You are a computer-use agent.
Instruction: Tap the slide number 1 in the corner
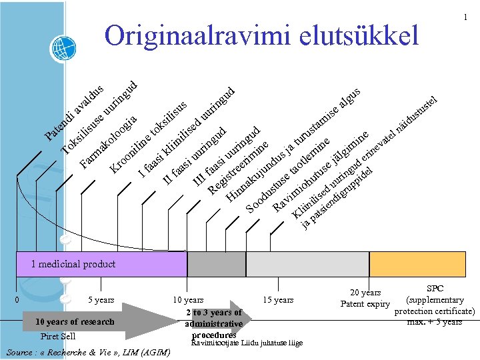pyautogui.click(x=465, y=17)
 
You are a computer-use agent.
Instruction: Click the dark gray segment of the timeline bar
pyautogui.click(x=207, y=264)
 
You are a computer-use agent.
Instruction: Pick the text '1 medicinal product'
pyautogui.click(x=73, y=264)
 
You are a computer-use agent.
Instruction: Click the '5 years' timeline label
pyautogui.click(x=101, y=300)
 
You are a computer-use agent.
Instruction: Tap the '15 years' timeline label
pyautogui.click(x=278, y=300)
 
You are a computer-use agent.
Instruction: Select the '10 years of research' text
pyautogui.click(x=75, y=322)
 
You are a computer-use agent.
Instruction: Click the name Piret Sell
pyautogui.click(x=58, y=336)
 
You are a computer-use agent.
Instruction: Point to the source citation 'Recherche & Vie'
pyautogui.click(x=87, y=351)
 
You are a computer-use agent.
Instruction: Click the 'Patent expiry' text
pyautogui.click(x=365, y=304)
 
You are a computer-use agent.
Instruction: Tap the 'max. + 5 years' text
pyautogui.click(x=434, y=322)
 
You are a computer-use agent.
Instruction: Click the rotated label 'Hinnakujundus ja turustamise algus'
pyautogui.click(x=293, y=143)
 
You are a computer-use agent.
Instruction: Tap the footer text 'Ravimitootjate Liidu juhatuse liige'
pyautogui.click(x=247, y=343)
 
